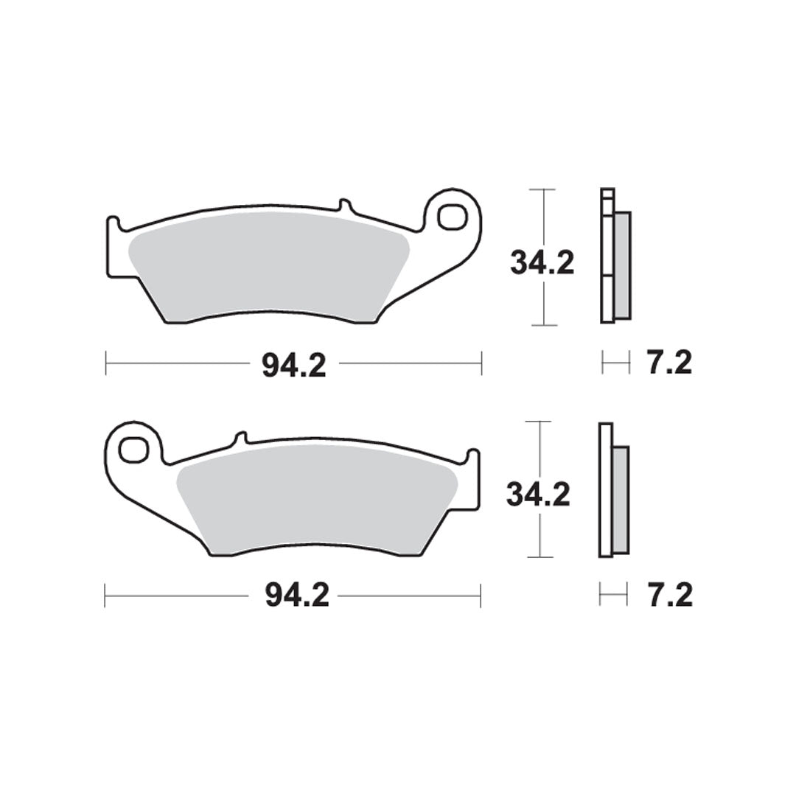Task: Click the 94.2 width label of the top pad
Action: pos(294,365)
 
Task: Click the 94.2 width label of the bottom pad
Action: pos(297,596)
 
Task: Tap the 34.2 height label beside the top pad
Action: pos(542,263)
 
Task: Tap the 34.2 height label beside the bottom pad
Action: pos(539,495)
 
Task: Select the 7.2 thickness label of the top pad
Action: pos(669,363)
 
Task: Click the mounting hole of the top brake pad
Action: pos(452,217)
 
